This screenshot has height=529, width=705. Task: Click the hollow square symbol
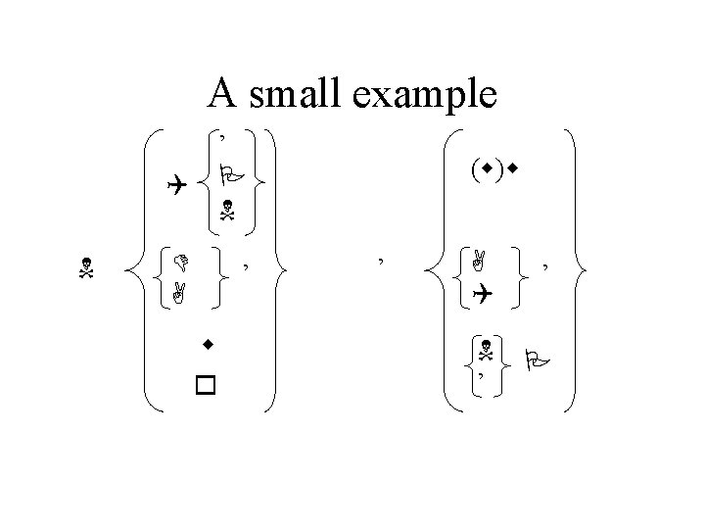click(x=205, y=385)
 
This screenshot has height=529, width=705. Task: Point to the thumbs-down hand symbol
click(x=179, y=262)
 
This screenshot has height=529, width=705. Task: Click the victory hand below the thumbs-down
click(x=179, y=290)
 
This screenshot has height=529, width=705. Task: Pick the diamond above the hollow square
click(x=208, y=345)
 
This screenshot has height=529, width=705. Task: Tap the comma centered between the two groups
click(x=379, y=259)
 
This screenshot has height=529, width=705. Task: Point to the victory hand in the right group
click(x=479, y=260)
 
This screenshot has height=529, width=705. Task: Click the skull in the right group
click(x=484, y=348)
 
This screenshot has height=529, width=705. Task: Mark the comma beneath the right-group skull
click(x=481, y=373)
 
